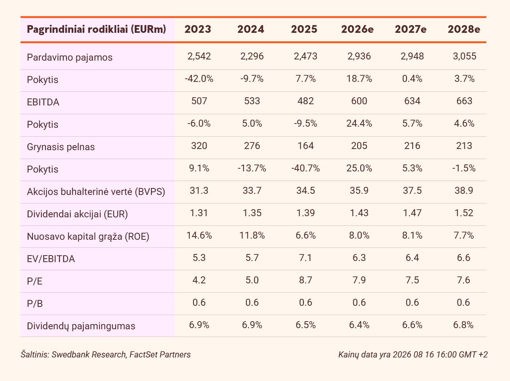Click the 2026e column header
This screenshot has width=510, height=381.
358,29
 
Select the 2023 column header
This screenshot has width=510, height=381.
198,29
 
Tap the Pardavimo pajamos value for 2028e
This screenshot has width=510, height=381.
464,56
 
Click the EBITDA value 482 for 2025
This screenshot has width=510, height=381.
305,101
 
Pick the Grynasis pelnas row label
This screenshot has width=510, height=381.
61,147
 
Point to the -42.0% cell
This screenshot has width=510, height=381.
199,79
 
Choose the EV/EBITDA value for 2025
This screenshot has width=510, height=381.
305,257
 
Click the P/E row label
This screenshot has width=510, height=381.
35,281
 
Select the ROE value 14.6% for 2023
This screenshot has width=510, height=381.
199,235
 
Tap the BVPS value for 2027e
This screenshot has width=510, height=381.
412,191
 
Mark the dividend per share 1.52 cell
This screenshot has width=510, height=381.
464,213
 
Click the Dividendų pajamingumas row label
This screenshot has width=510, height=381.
81,326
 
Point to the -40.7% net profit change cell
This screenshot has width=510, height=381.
305,168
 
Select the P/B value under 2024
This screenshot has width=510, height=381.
252,303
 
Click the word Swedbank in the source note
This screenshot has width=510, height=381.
70,354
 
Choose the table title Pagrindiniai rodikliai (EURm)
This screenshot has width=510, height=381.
97,29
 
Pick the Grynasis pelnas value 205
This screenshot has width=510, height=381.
359,146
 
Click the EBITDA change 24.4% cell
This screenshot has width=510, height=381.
359,124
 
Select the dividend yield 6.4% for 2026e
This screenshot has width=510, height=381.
359,325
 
